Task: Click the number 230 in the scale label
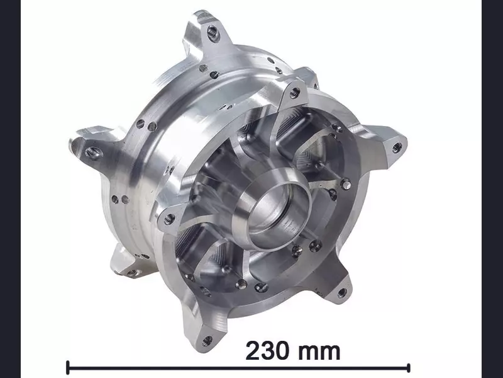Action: coord(267,351)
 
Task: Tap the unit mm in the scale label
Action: coord(319,352)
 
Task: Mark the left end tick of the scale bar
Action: coord(68,367)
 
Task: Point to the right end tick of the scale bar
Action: coord(408,367)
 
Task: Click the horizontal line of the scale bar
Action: coord(238,368)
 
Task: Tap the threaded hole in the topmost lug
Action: coord(213,33)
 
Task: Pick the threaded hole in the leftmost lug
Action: coord(92,152)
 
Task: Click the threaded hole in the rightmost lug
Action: coord(397,147)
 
